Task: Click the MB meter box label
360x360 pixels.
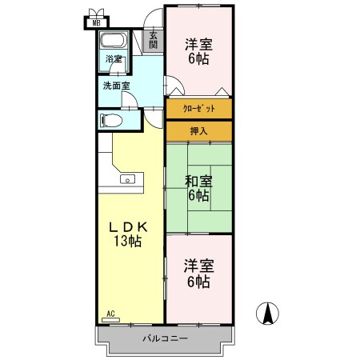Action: [x=96, y=23]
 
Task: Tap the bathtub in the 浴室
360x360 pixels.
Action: [x=114, y=40]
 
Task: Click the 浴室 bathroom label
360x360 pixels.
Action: [x=114, y=59]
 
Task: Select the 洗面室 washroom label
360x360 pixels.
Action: [x=117, y=86]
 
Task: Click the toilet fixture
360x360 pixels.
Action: [x=111, y=121]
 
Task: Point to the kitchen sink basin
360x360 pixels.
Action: [x=128, y=179]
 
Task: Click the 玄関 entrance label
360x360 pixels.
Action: [x=153, y=41]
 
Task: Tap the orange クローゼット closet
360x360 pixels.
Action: [x=199, y=109]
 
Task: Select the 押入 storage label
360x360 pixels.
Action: [x=198, y=131]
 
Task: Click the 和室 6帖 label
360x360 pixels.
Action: [x=198, y=188]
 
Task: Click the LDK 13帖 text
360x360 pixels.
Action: [x=128, y=234]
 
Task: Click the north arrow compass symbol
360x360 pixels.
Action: [x=267, y=314]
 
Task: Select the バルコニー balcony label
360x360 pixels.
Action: [x=166, y=338]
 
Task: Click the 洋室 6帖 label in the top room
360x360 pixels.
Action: [x=198, y=51]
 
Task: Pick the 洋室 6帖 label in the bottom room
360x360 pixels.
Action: [x=198, y=274]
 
